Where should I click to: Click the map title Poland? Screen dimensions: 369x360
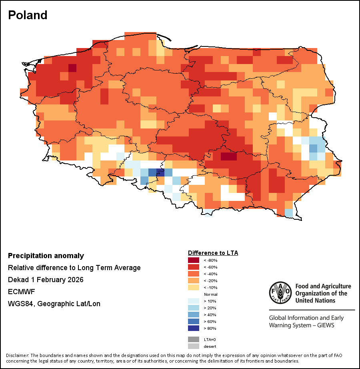(28, 15)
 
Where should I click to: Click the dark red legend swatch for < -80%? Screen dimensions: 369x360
(194, 261)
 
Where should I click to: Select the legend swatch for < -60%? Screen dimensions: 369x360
(194, 267)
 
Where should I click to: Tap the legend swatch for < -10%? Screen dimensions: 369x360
(194, 287)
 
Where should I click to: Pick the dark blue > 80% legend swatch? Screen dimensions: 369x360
(194, 328)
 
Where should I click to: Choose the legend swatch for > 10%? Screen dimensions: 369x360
(194, 301)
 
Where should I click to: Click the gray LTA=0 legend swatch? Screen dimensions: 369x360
(194, 339)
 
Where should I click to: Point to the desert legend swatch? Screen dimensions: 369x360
(194, 346)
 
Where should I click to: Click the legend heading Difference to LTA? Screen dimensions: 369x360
(213, 253)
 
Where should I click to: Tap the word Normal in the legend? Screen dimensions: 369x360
(211, 294)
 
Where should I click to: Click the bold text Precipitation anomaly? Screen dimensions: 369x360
(46, 256)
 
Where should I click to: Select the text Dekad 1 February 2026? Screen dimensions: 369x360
(46, 280)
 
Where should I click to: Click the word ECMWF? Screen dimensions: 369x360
(21, 292)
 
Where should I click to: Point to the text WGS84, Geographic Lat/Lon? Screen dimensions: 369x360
(54, 304)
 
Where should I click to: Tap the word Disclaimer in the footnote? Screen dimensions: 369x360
(18, 355)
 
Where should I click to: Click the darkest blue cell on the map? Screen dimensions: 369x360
(160, 173)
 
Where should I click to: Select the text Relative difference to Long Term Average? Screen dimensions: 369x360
(74, 268)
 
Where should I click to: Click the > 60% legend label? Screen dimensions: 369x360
(210, 321)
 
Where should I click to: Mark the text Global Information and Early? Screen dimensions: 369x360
(306, 318)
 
